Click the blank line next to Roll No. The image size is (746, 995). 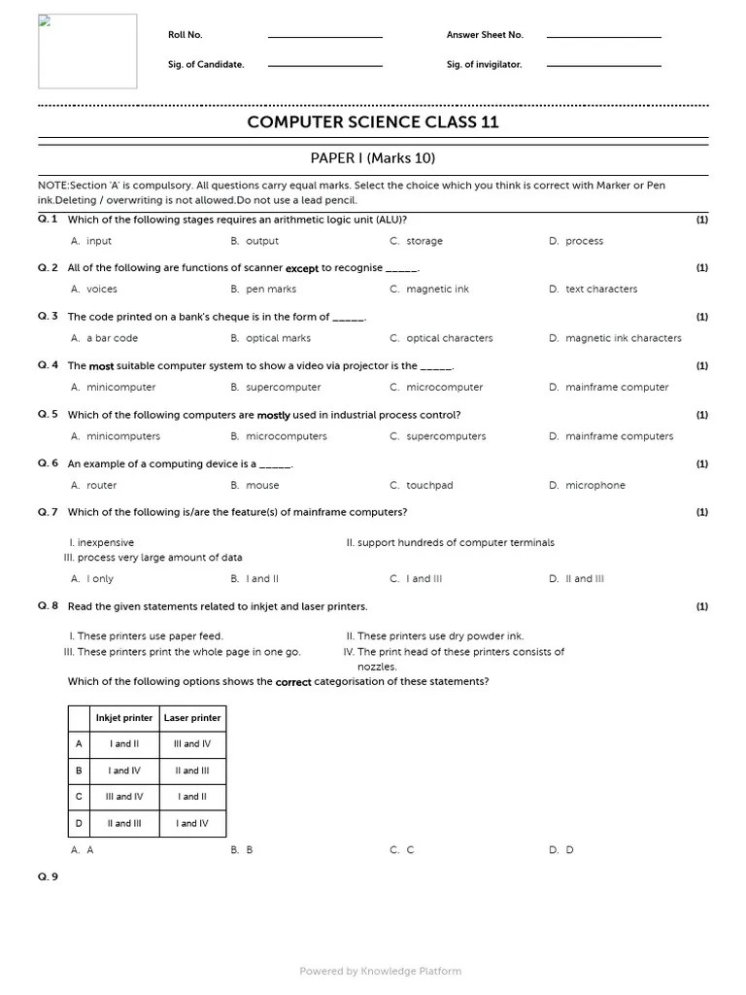324,36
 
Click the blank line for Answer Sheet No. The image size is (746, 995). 603,36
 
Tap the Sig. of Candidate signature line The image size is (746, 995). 324,65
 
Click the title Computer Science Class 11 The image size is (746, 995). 373,122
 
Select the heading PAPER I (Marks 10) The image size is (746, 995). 373,158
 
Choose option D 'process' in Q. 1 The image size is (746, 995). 584,241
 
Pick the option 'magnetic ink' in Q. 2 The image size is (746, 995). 437,290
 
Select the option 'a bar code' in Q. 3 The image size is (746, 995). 112,339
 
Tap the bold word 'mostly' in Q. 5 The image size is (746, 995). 274,415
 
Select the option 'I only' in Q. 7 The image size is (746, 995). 100,579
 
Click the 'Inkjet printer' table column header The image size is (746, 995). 123,718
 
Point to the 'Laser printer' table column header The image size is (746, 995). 192,718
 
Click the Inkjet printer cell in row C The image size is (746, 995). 123,797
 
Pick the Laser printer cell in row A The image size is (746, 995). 192,744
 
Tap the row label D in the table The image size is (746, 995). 79,823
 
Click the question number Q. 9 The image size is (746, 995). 48,877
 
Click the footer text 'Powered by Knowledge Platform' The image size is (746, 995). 380,971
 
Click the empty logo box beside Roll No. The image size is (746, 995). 87,51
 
